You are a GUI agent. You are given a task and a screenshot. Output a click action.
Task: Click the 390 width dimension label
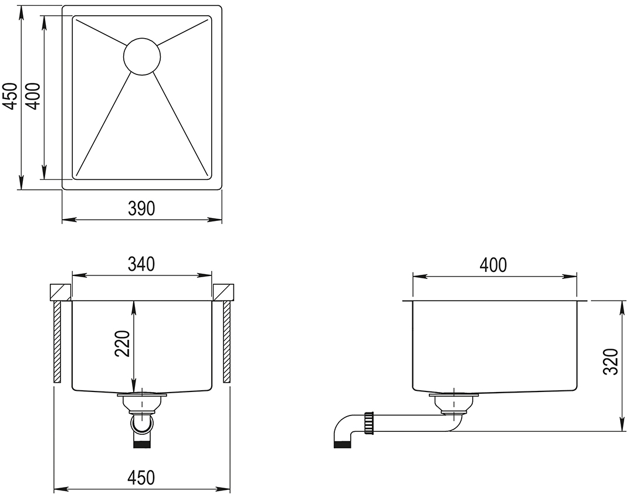tap(142, 209)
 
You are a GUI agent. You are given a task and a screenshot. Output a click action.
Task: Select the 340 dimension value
tap(141, 264)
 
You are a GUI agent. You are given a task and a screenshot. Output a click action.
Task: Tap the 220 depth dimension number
tap(123, 344)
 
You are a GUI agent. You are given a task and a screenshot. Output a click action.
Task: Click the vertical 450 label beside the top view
tap(9, 96)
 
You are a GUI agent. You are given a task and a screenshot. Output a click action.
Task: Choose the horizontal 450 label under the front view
tap(141, 478)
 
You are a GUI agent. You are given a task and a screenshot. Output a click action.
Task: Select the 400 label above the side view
tap(493, 265)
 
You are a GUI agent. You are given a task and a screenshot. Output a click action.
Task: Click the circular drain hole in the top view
tap(142, 56)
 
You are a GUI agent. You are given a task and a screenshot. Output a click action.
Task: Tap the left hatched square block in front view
tap(60, 292)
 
